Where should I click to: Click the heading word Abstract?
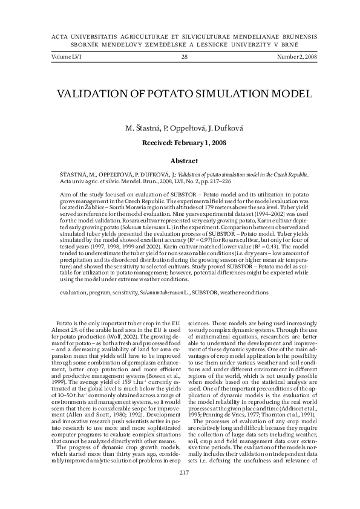(x=185, y=161)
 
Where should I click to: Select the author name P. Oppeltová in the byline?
(x=178, y=128)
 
